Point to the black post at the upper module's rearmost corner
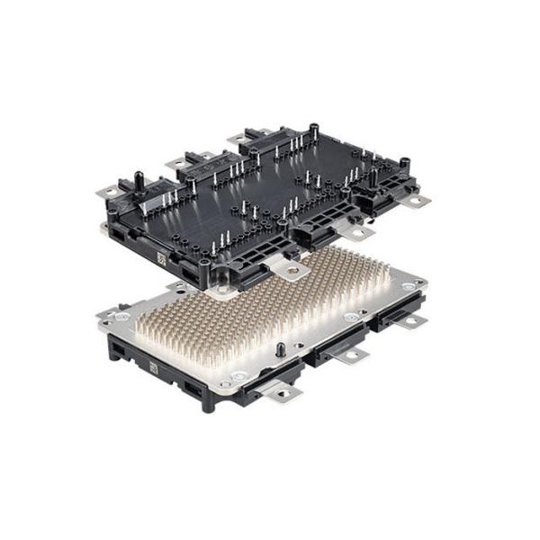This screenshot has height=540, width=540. (313, 130)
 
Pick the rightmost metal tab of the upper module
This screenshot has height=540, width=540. (416, 200)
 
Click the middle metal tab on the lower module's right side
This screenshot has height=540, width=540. (352, 356)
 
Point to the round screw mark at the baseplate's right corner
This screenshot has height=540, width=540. (409, 286)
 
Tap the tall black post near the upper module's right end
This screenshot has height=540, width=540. (373, 176)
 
